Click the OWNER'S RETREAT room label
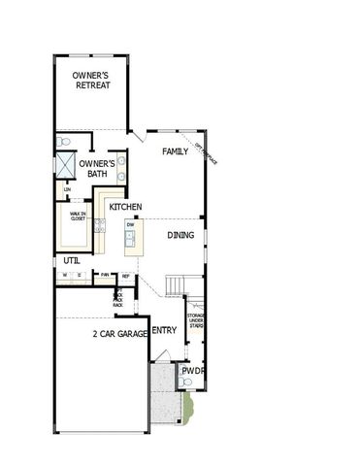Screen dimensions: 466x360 pyautogui.click(x=92, y=80)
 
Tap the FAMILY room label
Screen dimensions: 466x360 pyautogui.click(x=175, y=151)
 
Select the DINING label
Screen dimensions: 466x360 pyautogui.click(x=180, y=235)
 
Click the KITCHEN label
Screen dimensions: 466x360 pyautogui.click(x=126, y=208)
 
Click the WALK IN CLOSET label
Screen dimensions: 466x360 pyautogui.click(x=78, y=216)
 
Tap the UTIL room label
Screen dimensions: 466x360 pyautogui.click(x=72, y=260)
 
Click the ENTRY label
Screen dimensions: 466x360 pyautogui.click(x=165, y=330)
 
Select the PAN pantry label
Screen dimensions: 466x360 pyautogui.click(x=105, y=275)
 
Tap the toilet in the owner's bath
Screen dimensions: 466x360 pyautogui.click(x=60, y=142)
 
